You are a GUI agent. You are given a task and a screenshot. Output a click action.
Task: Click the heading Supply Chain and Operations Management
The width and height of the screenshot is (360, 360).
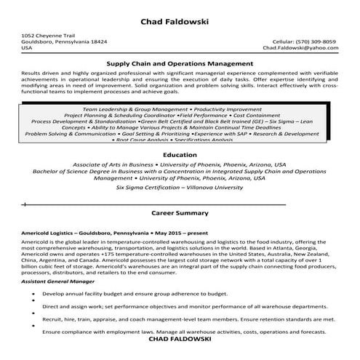(x=180, y=64)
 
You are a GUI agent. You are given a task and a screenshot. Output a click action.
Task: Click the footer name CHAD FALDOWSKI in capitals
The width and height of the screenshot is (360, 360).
(x=180, y=339)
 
